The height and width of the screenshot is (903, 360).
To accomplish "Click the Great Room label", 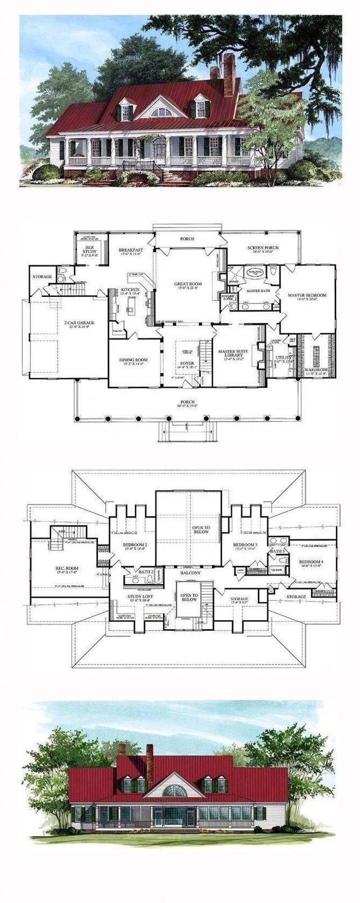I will click(x=187, y=284).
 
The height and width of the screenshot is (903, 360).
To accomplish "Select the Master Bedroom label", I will click(x=304, y=295).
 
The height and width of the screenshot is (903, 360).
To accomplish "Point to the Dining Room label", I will click(x=133, y=360).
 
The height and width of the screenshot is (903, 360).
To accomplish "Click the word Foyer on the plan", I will click(x=187, y=363).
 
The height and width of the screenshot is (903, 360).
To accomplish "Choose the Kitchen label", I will click(x=130, y=290).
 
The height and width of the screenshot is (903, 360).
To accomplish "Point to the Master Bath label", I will click(x=256, y=290).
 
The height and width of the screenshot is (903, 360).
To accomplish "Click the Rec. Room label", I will click(x=67, y=568).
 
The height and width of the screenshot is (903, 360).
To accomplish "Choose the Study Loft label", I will click(x=137, y=598).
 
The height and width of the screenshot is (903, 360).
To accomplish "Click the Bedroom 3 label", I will click(x=245, y=545).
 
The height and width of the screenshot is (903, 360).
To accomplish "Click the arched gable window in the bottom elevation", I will click(x=174, y=790).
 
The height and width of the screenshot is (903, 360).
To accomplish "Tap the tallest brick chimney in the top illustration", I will click(x=229, y=74).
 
